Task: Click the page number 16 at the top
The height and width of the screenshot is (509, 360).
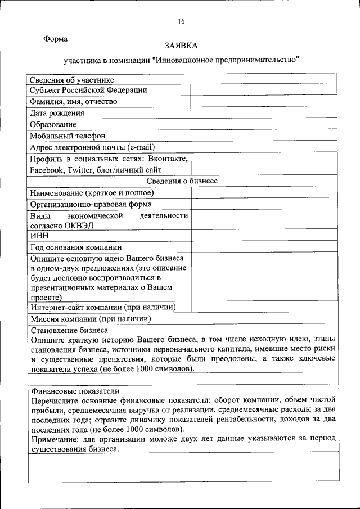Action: [181, 21]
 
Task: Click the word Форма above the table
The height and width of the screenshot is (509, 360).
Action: [56, 39]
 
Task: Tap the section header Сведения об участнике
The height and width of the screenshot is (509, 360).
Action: [71, 80]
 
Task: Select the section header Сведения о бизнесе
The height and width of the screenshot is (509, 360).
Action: [182, 181]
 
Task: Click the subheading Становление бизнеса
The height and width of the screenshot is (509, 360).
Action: [69, 330]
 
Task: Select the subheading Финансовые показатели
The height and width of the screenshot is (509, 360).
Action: [74, 390]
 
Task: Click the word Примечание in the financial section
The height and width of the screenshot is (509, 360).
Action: [55, 438]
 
